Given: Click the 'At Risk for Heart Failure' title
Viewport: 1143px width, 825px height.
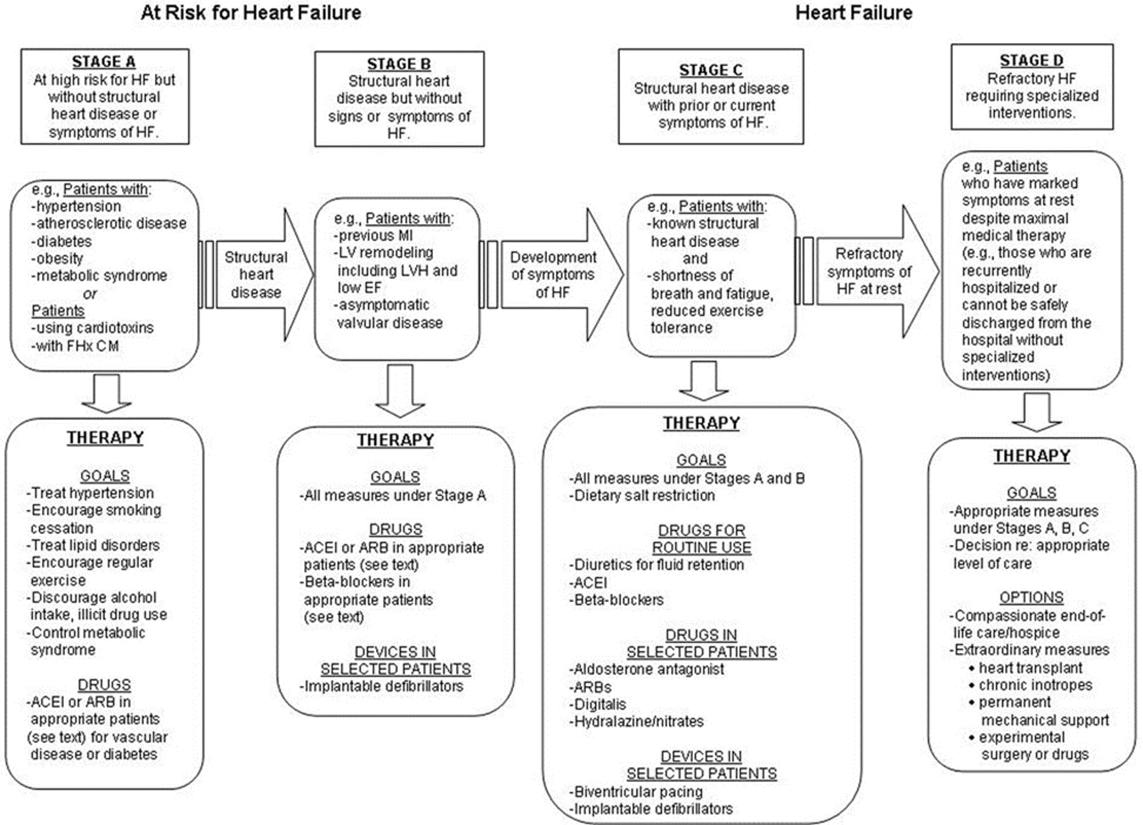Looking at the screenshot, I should (250, 13).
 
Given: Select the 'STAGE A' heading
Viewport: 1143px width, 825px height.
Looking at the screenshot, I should (104, 62).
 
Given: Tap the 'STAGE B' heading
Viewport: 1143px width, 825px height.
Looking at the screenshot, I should (399, 64).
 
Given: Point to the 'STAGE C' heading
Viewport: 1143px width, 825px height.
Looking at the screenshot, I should (711, 70).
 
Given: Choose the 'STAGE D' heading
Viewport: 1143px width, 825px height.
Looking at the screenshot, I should (1031, 61).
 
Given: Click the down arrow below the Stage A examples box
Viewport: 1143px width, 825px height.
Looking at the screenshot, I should (106, 393).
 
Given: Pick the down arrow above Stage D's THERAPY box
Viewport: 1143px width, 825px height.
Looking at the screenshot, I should (1036, 412).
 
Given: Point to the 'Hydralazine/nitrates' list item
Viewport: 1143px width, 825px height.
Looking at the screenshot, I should (638, 721).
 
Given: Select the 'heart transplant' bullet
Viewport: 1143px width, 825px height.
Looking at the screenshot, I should (1030, 668).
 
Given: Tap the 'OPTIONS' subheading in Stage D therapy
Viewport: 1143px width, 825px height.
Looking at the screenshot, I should (1031, 598).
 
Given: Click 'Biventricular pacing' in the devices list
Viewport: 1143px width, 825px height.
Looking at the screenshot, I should (638, 792).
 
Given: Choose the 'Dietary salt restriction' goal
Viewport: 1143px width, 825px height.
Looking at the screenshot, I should (644, 495).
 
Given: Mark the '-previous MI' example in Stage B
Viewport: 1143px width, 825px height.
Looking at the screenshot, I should (374, 236).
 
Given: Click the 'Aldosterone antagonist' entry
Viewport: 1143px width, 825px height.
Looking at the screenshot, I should (648, 669).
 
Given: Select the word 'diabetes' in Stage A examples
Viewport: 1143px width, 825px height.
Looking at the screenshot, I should (63, 242).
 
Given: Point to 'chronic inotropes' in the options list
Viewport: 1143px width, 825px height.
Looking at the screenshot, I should (1035, 685).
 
